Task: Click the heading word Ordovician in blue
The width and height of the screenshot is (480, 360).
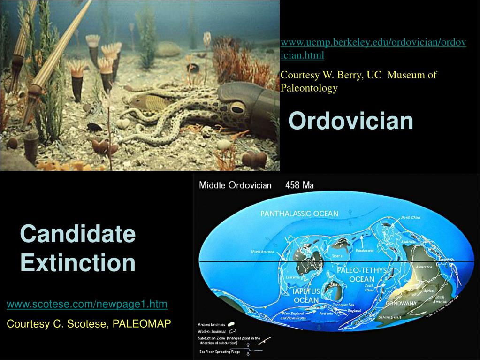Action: pyautogui.click(x=350, y=121)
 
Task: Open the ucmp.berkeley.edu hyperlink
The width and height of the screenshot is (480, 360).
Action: pyautogui.click(x=373, y=48)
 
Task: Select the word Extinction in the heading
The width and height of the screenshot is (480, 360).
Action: pyautogui.click(x=78, y=262)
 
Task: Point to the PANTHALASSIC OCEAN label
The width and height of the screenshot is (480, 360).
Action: pyautogui.click(x=299, y=214)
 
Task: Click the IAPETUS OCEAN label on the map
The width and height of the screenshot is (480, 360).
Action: pyautogui.click(x=306, y=296)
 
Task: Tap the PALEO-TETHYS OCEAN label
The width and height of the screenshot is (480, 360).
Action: pyautogui.click(x=361, y=275)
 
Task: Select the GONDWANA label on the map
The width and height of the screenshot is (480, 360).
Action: pyautogui.click(x=401, y=303)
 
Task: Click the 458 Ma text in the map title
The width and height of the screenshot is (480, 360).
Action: pyautogui.click(x=299, y=185)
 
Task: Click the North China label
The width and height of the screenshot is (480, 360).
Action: pyautogui.click(x=411, y=217)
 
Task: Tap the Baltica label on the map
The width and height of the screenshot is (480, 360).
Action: pyautogui.click(x=336, y=284)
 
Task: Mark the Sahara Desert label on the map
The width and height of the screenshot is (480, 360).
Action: pyautogui.click(x=393, y=318)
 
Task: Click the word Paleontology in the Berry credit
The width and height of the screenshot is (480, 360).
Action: pyautogui.click(x=309, y=88)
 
